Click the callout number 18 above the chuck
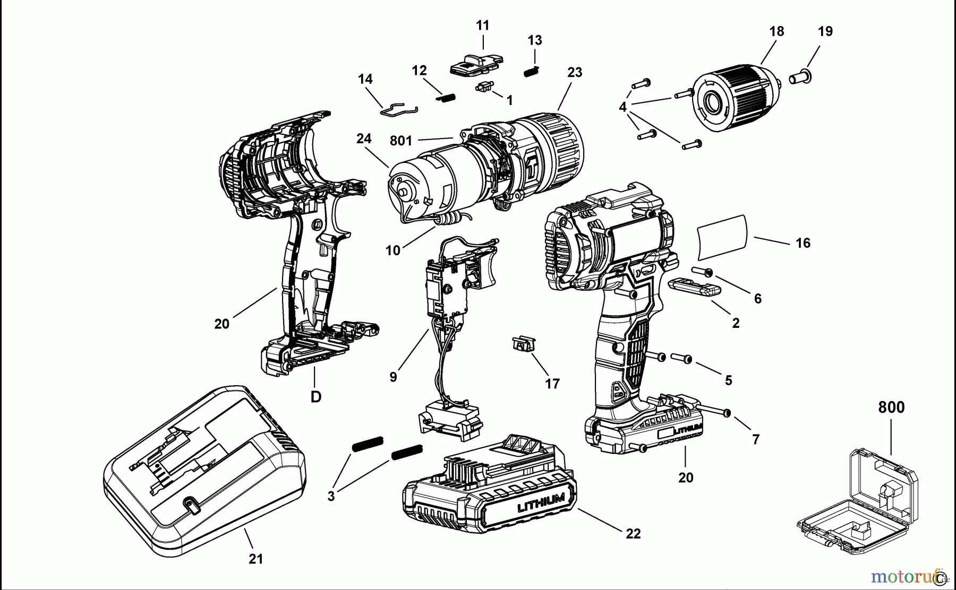[776, 31]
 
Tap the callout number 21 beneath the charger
[256, 559]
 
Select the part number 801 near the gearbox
[401, 141]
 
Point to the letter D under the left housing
[316, 397]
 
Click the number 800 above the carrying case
[891, 407]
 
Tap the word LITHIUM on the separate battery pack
[541, 502]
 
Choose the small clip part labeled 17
[522, 344]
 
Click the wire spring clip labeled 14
[399, 108]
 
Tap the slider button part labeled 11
[475, 64]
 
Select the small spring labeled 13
[532, 71]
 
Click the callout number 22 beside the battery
[633, 533]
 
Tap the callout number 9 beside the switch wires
[393, 377]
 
